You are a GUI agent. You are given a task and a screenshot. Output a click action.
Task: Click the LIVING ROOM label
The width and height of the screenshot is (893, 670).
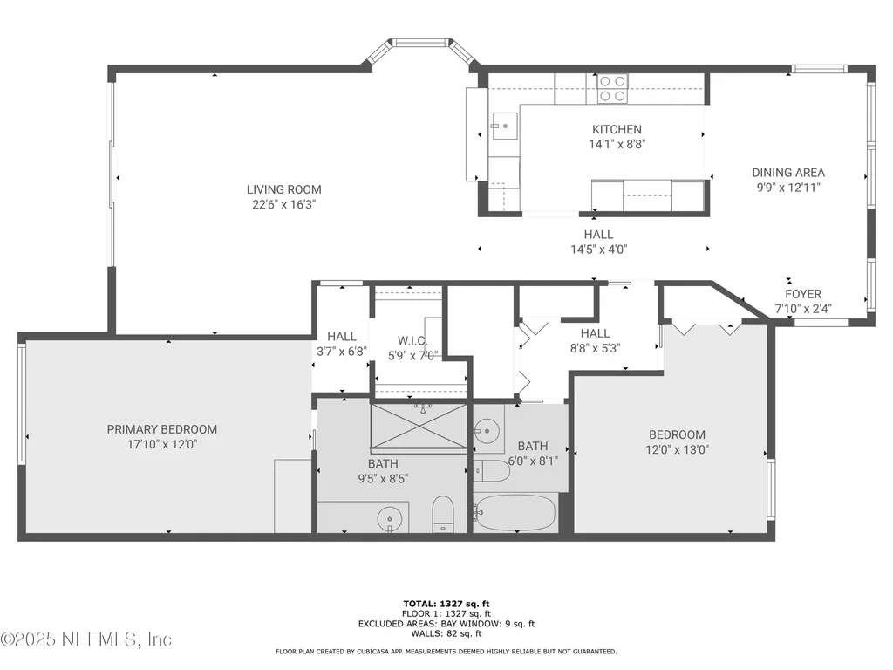tap(283, 189)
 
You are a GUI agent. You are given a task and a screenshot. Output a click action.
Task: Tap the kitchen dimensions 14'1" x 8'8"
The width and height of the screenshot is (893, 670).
tap(617, 144)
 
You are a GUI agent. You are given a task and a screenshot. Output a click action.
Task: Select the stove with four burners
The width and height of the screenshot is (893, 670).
tap(612, 89)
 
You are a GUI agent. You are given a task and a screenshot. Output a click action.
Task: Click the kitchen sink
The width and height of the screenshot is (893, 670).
tap(505, 126)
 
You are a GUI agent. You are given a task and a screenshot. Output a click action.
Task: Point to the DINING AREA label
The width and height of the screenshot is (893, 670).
tap(788, 173)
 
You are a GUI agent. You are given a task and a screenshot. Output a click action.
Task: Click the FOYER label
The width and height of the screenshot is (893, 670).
tap(803, 294)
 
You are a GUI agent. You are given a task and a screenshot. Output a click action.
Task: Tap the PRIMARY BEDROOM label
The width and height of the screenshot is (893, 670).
tap(161, 429)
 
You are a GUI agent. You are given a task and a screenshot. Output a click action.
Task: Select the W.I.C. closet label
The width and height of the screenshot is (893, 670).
tap(412, 341)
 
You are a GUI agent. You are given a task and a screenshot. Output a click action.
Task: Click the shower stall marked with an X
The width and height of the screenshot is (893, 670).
tap(419, 426)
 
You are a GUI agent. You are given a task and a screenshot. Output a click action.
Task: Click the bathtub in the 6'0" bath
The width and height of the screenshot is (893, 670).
tap(515, 513)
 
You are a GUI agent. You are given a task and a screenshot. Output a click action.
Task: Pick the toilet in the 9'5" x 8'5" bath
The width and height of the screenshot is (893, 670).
tap(442, 513)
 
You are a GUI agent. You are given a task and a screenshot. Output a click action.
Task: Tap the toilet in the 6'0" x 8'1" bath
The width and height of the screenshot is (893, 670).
tap(492, 470)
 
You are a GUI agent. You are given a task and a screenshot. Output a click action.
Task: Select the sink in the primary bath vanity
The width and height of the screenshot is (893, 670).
tap(390, 519)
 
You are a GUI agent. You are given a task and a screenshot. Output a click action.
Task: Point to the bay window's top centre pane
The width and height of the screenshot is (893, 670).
tap(420, 42)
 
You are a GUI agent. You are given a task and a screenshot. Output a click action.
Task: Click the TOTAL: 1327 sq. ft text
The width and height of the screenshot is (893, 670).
tap(446, 604)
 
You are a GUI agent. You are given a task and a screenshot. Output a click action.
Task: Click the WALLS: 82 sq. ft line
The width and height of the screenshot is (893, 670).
tap(446, 633)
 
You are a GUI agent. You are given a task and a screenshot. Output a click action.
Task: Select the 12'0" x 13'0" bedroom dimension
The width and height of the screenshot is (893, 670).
tap(677, 449)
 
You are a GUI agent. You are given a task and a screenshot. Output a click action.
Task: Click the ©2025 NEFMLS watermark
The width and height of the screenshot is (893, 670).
tap(86, 639)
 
